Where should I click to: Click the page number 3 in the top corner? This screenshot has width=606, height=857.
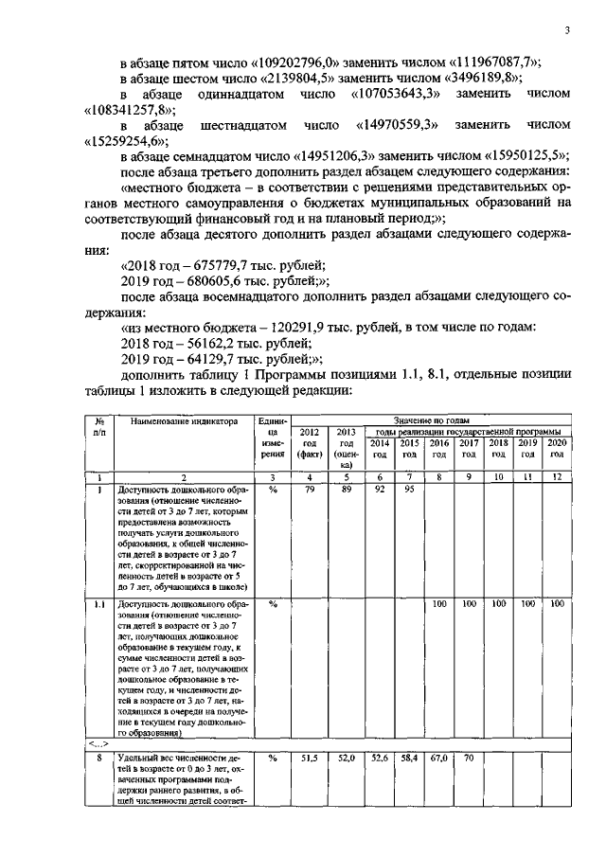[565, 30]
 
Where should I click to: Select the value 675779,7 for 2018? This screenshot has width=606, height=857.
[213, 264]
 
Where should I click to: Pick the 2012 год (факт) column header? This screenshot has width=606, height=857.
[310, 442]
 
